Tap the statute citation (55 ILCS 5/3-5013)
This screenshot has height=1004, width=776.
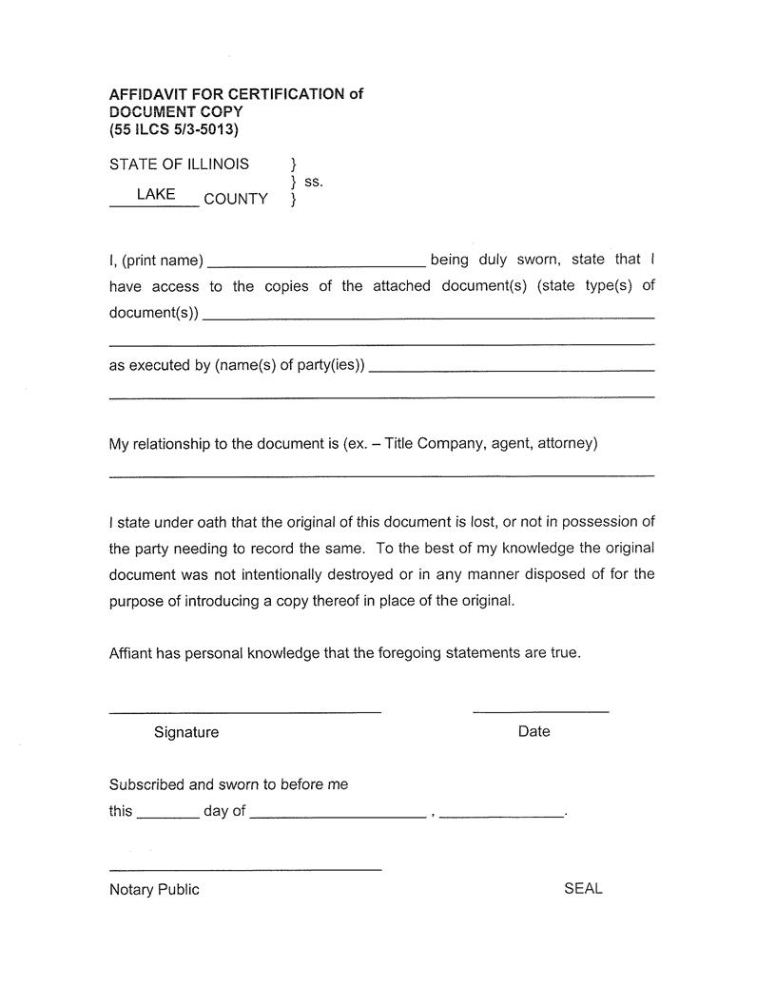pyautogui.click(x=173, y=129)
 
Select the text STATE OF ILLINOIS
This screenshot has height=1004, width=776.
pyautogui.click(x=179, y=164)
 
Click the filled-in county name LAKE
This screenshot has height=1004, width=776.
pyautogui.click(x=155, y=194)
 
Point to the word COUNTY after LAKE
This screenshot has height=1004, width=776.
pyautogui.click(x=235, y=199)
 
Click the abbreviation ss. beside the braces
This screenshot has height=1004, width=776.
pyautogui.click(x=313, y=181)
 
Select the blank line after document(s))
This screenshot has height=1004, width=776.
pyautogui.click(x=428, y=314)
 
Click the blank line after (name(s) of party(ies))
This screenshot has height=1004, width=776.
pyautogui.click(x=511, y=367)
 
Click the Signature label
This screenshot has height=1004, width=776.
pyautogui.click(x=185, y=732)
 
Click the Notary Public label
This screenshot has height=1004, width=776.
pyautogui.click(x=154, y=889)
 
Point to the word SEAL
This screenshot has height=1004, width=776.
pyautogui.click(x=583, y=888)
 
